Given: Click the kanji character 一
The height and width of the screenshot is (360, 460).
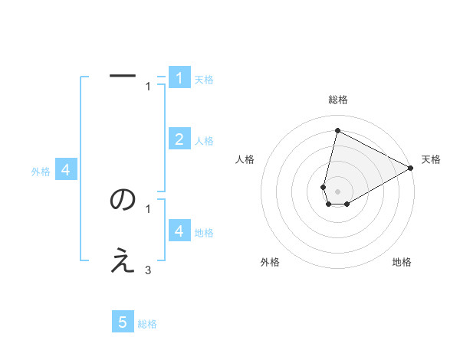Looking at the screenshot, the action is pyautogui.click(x=123, y=75).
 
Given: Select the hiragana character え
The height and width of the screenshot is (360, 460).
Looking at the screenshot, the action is pyautogui.click(x=123, y=263).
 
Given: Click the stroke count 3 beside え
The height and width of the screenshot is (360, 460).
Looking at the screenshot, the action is pyautogui.click(x=148, y=270).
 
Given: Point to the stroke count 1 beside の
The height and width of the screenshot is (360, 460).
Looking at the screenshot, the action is pyautogui.click(x=148, y=208).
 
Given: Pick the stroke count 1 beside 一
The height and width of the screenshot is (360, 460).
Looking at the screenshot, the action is pyautogui.click(x=148, y=86).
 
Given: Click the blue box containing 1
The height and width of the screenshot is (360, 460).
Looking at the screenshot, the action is pyautogui.click(x=179, y=77).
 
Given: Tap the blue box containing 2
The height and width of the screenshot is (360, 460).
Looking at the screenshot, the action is pyautogui.click(x=179, y=139).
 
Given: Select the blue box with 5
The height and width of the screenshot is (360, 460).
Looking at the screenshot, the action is pyautogui.click(x=123, y=322).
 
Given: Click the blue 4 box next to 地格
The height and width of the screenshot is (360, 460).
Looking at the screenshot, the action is pyautogui.click(x=179, y=231).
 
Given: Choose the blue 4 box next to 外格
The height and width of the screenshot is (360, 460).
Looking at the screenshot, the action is pyautogui.click(x=66, y=170).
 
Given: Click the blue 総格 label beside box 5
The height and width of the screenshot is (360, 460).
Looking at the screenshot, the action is pyautogui.click(x=147, y=324).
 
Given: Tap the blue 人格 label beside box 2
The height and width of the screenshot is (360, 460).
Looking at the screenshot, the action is pyautogui.click(x=204, y=141).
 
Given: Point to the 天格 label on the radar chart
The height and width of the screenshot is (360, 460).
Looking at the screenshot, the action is pyautogui.click(x=431, y=159).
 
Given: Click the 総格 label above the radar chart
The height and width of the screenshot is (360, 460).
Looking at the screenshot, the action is pyautogui.click(x=337, y=100).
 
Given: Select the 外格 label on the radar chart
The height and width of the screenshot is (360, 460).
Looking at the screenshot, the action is pyautogui.click(x=269, y=262).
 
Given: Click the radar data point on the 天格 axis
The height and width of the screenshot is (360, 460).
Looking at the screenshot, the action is pyautogui.click(x=411, y=168).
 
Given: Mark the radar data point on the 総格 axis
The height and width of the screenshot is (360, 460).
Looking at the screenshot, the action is pyautogui.click(x=337, y=131).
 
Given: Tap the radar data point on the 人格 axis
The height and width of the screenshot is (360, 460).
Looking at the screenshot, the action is pyautogui.click(x=324, y=187).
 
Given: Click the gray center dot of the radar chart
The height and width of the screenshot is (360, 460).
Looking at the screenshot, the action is pyautogui.click(x=337, y=191).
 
